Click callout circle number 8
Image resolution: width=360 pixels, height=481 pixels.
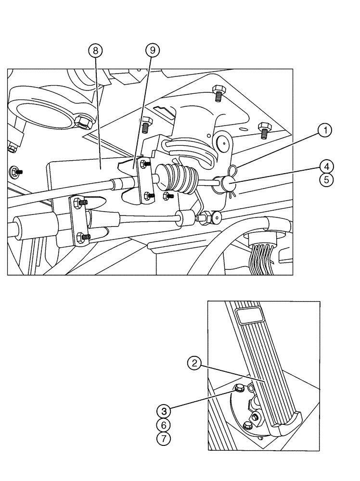(95, 50)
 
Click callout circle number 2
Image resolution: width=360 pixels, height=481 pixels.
(194, 364)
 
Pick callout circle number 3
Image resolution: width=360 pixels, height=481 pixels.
(164, 411)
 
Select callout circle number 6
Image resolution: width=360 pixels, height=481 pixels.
(164, 425)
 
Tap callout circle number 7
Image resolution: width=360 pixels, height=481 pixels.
(164, 439)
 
